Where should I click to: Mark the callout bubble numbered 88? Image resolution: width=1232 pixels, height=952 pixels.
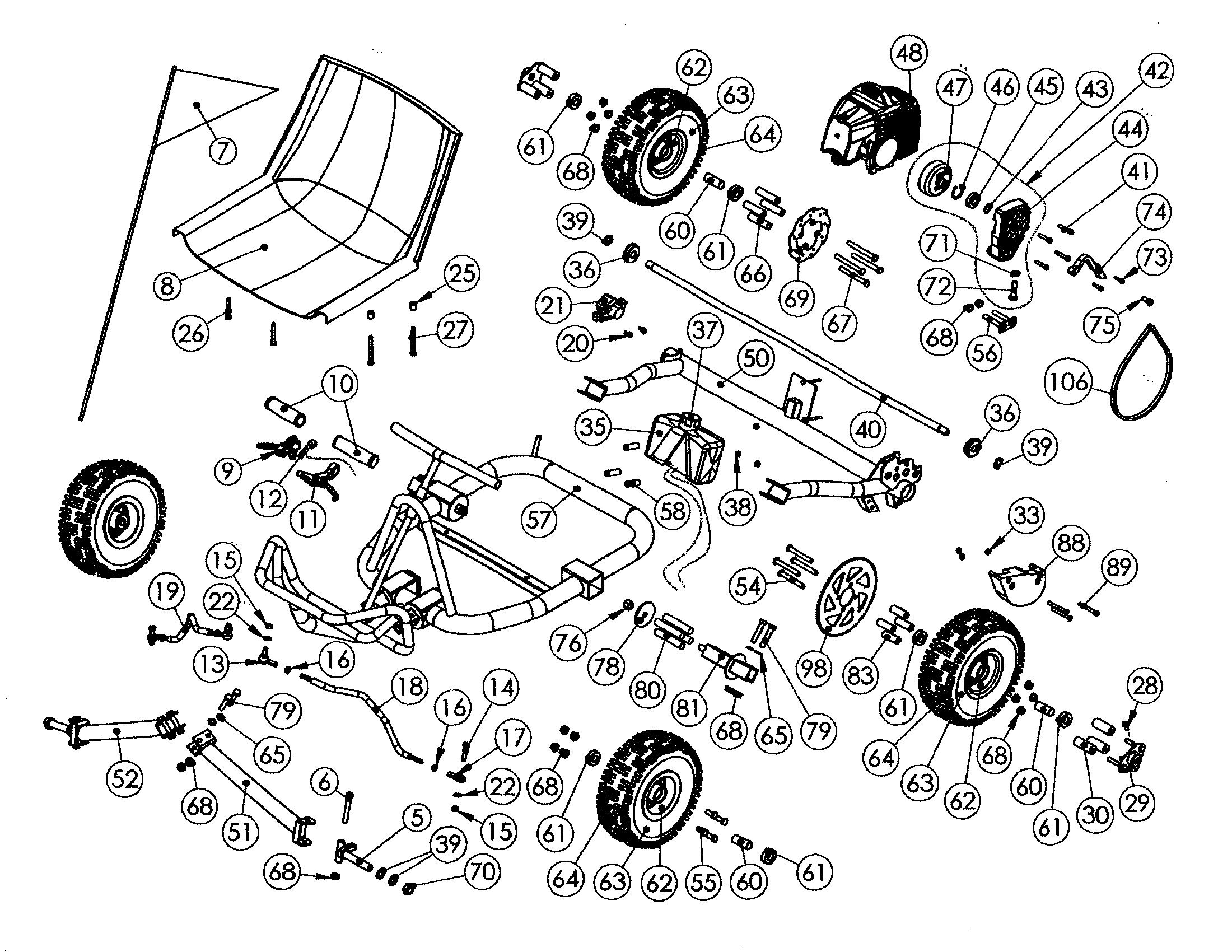point(1071,543)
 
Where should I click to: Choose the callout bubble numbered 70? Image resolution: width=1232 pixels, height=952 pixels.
point(482,872)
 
